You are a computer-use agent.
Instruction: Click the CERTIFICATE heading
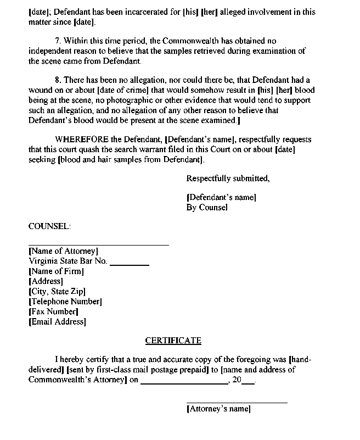173,341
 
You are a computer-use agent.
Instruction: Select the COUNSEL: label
49,226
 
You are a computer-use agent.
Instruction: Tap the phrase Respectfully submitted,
228,178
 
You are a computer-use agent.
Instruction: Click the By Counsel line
207,207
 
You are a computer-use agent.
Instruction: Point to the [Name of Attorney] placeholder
63,251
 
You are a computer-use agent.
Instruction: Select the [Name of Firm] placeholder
56,271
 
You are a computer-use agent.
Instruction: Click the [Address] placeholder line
46,281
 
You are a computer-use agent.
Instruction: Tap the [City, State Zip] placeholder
57,292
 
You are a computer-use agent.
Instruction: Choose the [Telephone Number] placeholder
65,302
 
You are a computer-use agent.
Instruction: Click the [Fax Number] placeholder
53,311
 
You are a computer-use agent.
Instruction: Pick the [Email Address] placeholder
57,322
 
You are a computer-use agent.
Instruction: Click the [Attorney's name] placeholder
218,409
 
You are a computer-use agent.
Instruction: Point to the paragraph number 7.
59,41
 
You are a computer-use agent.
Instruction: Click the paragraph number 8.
59,80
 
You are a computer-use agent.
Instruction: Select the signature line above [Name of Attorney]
98,244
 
